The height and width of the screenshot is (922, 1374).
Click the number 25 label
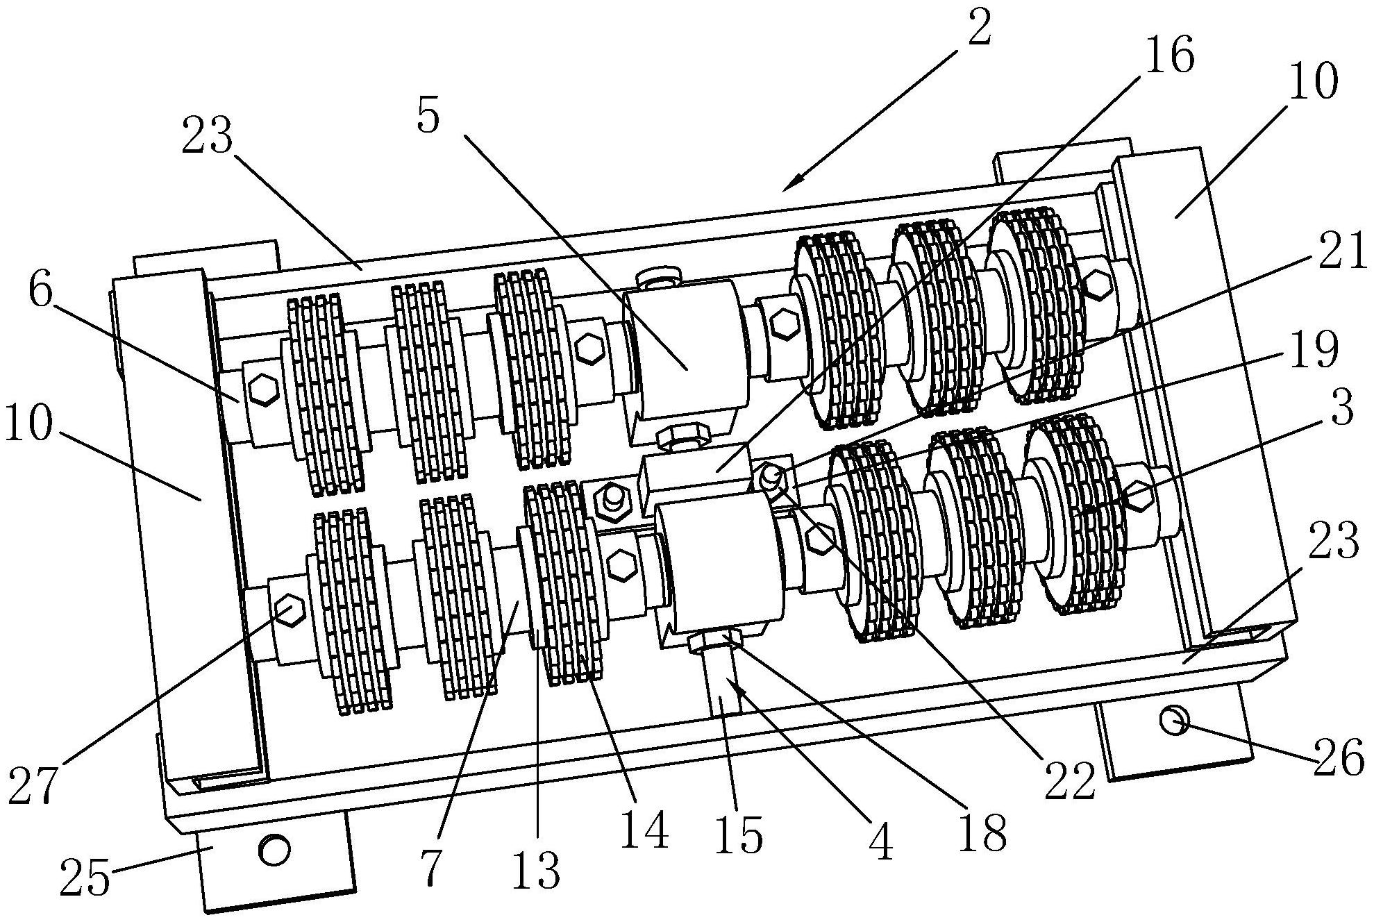(85, 878)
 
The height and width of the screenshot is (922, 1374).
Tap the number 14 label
(644, 829)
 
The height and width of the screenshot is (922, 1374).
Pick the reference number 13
(536, 869)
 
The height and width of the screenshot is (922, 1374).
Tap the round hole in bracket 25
(274, 849)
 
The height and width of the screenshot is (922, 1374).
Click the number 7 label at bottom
(430, 866)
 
